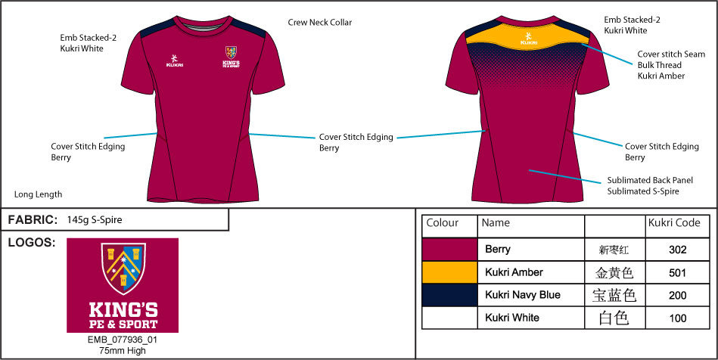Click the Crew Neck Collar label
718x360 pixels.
coord(319,23)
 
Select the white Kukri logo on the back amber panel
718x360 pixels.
coord(528,38)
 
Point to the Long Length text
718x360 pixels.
coord(38,194)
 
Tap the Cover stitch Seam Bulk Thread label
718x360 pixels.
coord(671,65)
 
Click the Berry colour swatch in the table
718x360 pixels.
coord(449,249)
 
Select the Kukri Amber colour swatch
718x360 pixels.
coord(449,272)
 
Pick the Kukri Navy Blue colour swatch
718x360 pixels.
coord(449,295)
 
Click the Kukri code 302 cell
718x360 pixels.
coord(678,249)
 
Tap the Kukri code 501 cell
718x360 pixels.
coord(678,272)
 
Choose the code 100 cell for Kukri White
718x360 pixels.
coord(678,318)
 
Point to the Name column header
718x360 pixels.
coord(496,223)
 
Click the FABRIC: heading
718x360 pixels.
coord(33,220)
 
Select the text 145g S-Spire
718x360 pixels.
coord(95,220)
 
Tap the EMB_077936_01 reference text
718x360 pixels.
coord(123,340)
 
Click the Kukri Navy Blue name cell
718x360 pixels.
coord(522,295)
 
